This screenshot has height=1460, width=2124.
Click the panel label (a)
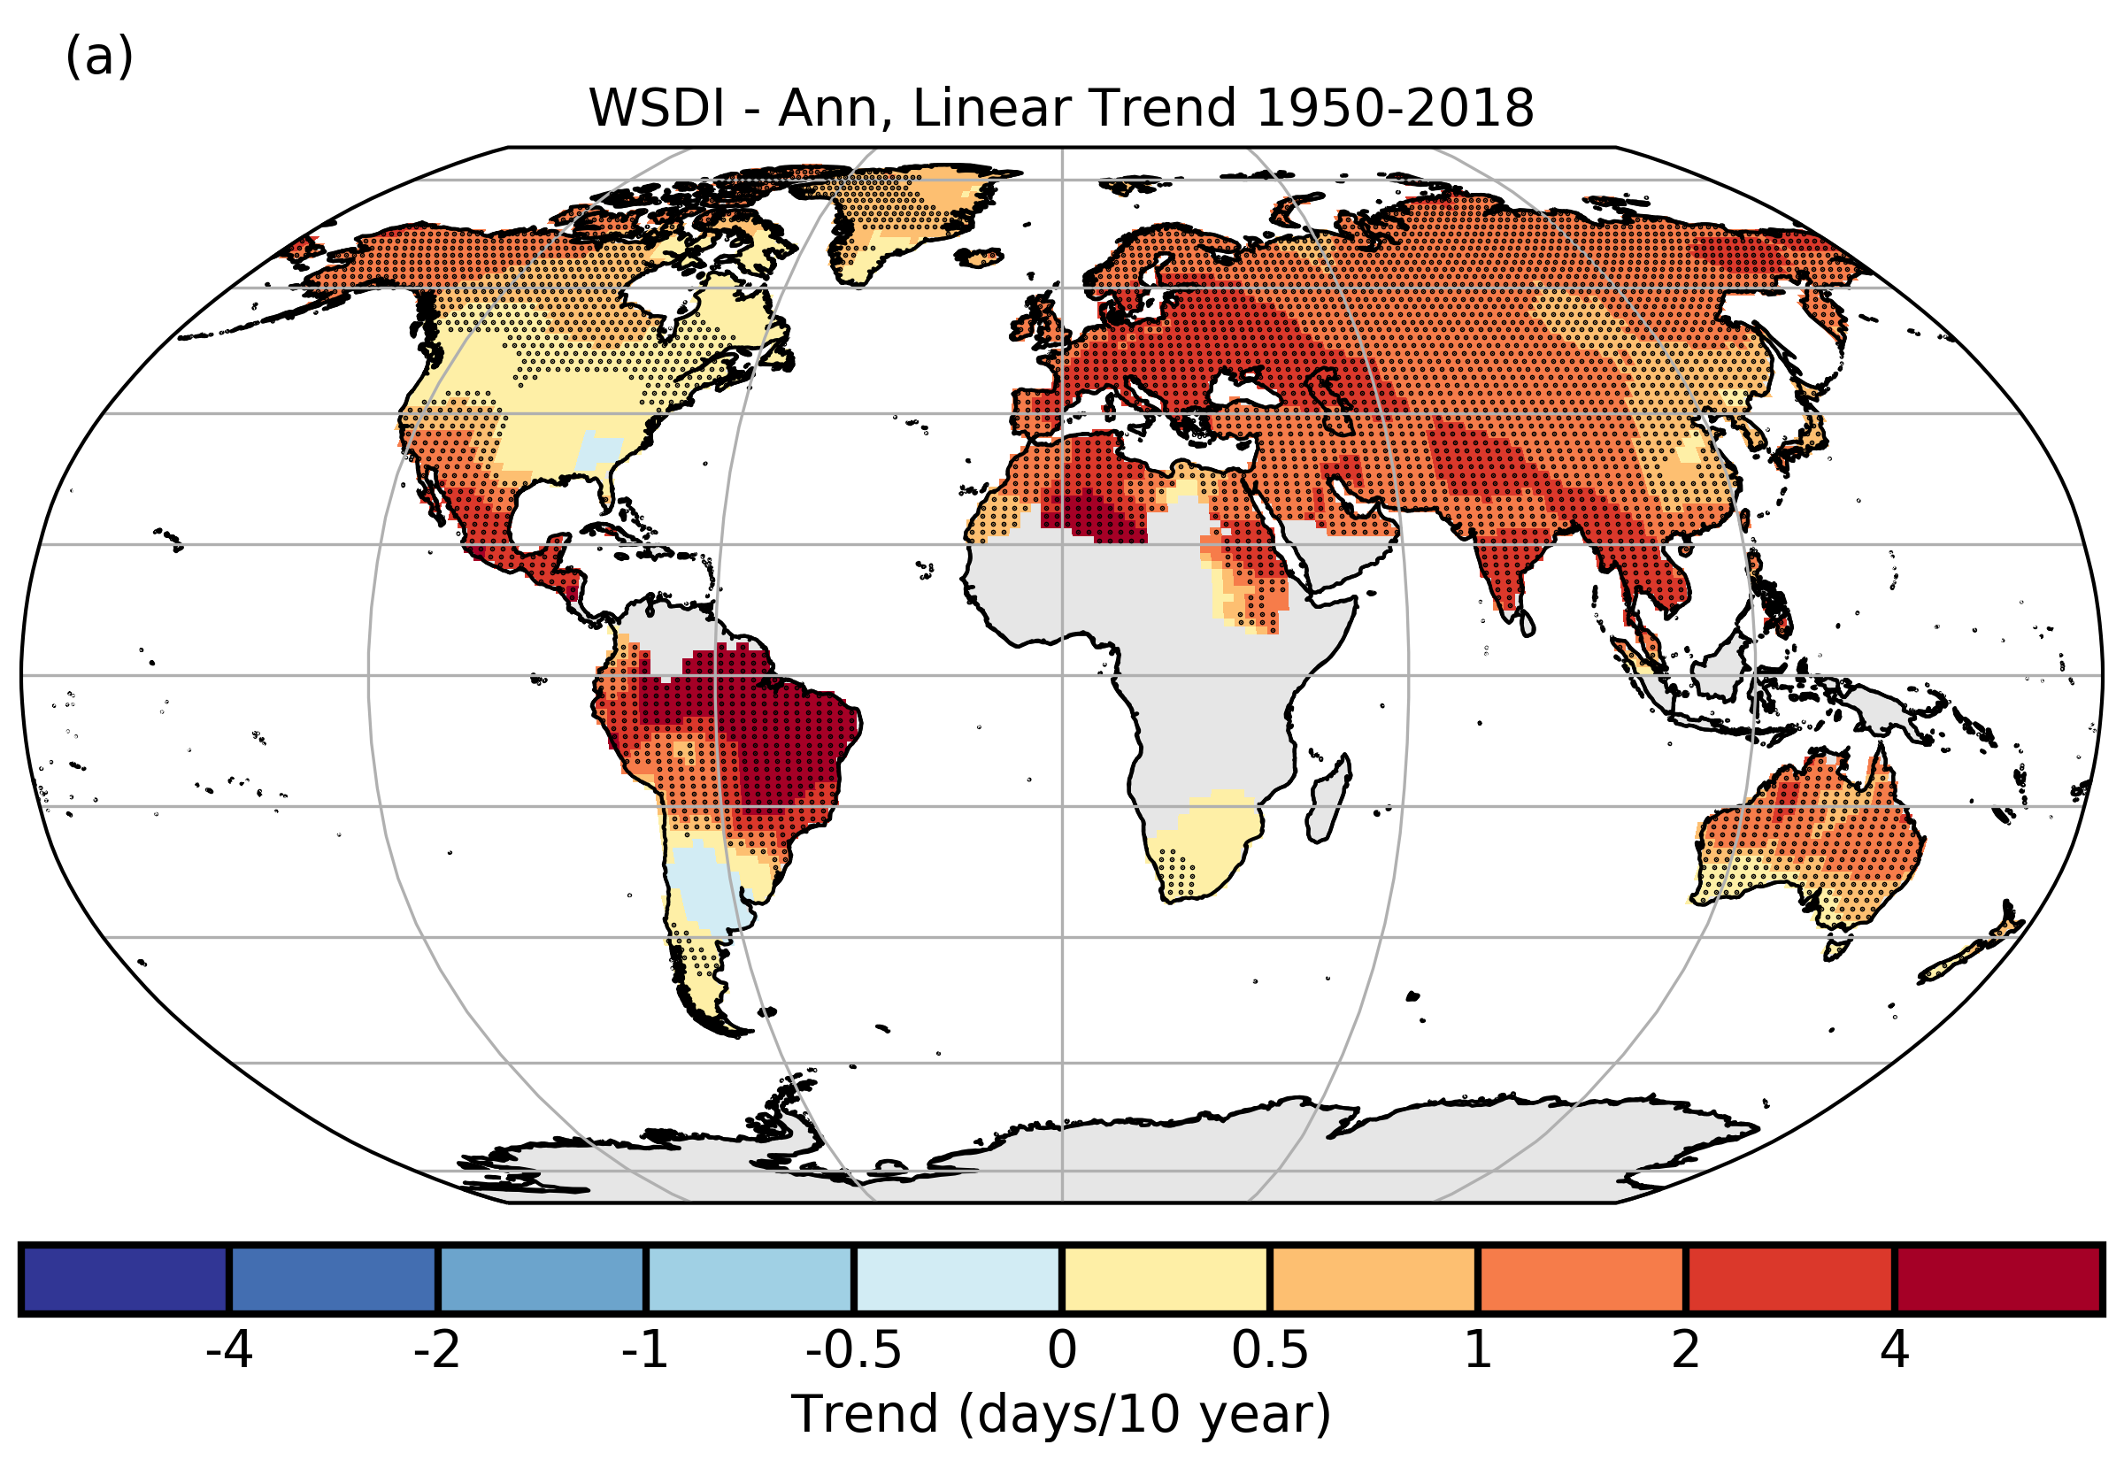click(x=99, y=57)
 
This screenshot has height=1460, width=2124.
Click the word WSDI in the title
click(x=656, y=109)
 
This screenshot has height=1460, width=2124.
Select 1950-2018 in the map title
click(x=1395, y=109)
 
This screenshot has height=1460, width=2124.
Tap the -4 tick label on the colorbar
click(x=228, y=1349)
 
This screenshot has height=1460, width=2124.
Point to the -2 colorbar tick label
click(x=436, y=1349)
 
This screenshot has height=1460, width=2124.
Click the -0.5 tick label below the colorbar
click(x=853, y=1349)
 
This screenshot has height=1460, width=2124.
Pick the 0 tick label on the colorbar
click(x=1062, y=1349)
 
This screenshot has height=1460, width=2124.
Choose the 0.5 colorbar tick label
click(x=1270, y=1349)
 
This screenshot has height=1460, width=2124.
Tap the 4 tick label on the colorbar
click(x=1895, y=1349)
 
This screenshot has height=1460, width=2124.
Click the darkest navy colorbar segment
click(x=126, y=1279)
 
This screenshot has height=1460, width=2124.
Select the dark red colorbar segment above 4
click(x=1997, y=1279)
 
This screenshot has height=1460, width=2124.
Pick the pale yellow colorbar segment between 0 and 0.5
click(x=1166, y=1279)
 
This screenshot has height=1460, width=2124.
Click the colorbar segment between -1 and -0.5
click(x=750, y=1279)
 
